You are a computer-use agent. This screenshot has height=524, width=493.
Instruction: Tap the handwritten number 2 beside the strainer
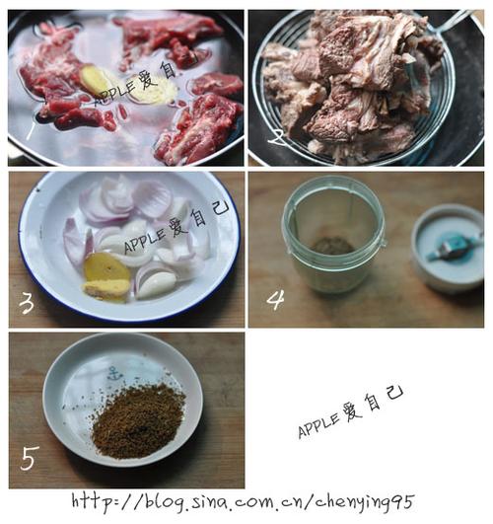tap(277, 137)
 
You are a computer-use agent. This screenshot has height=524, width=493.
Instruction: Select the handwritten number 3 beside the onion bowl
tap(27, 303)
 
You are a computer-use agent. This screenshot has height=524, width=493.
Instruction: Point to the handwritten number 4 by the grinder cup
tap(275, 299)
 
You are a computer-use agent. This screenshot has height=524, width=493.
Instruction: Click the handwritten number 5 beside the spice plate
tap(30, 458)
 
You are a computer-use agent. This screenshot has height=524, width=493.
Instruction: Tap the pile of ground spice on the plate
tap(137, 420)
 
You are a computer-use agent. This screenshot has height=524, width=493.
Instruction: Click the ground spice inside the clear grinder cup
tap(332, 246)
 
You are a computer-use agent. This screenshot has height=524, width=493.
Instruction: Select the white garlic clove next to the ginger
tap(156, 283)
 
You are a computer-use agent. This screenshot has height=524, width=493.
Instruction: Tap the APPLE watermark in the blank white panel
tap(350, 414)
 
